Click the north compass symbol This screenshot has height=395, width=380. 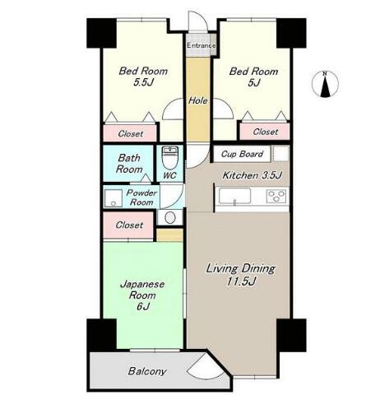[x=325, y=85]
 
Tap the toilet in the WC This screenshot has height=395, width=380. [x=170, y=158]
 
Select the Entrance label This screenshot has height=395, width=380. [x=202, y=45]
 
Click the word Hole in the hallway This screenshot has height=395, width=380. [x=197, y=100]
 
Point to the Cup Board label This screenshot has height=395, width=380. [x=242, y=154]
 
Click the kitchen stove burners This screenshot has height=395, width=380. [x=276, y=197]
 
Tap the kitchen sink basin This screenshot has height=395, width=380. [x=234, y=197]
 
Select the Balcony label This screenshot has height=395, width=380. [x=147, y=371]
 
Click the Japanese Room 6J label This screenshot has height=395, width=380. [x=142, y=295]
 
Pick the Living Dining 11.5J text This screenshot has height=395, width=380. [x=240, y=275]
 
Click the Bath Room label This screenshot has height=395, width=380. [x=129, y=164]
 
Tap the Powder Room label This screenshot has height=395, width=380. [x=141, y=197]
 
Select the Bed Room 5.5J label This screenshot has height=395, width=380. [x=143, y=77]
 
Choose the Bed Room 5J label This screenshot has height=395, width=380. [x=253, y=77]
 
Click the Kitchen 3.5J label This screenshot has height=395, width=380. [x=253, y=175]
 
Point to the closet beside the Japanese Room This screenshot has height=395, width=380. [x=128, y=225]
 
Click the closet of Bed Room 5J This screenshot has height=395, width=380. [x=265, y=132]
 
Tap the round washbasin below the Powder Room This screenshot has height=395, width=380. [x=170, y=217]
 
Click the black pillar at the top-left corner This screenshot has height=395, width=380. [x=101, y=33]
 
